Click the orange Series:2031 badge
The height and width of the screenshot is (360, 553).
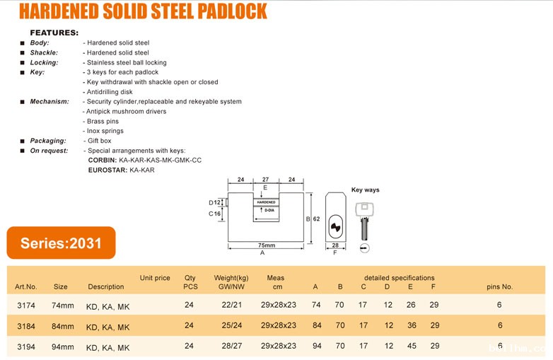61,243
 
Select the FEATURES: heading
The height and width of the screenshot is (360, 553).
54,33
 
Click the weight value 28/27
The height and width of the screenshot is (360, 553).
231,347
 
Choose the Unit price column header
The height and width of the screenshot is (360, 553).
155,278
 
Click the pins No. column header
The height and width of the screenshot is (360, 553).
500,286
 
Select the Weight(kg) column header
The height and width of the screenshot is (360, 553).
231,278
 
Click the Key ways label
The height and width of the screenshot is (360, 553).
365,190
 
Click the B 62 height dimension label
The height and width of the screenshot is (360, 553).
312,219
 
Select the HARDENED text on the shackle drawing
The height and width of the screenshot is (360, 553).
266,202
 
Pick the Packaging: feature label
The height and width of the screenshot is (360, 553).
48,141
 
